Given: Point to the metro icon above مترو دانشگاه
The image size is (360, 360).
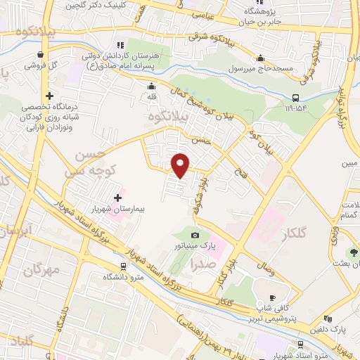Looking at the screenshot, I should point(124,266).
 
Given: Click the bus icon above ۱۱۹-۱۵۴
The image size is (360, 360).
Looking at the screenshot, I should point(295,98).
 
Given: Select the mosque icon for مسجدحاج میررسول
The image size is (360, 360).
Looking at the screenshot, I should point(261,58).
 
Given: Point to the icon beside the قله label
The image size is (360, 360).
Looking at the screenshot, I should point(151,87).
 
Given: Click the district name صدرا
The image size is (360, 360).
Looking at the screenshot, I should point(202,265).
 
